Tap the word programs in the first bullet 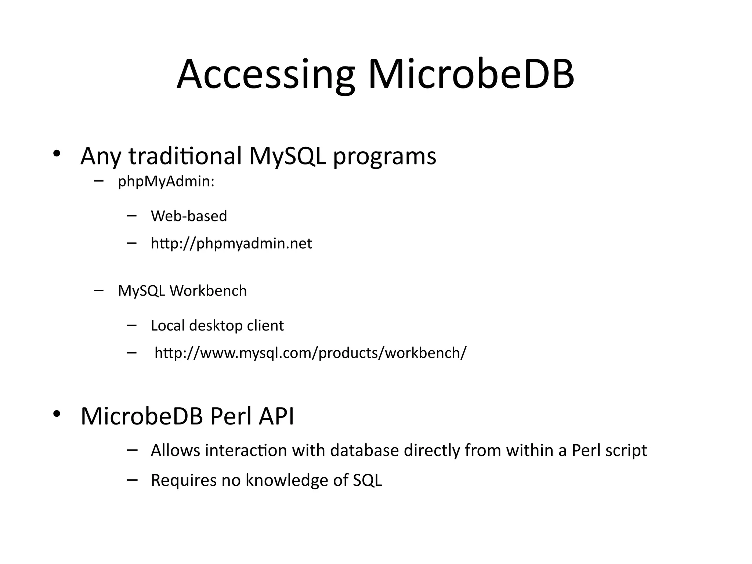(x=384, y=156)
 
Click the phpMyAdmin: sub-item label (x=166, y=181)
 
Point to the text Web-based (x=189, y=216)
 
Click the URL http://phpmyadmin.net (x=231, y=243)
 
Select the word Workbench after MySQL (x=208, y=291)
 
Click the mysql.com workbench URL (x=310, y=353)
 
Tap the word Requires (x=184, y=481)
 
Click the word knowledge (x=286, y=481)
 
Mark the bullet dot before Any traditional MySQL (x=56, y=154)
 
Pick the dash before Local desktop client (x=131, y=325)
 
